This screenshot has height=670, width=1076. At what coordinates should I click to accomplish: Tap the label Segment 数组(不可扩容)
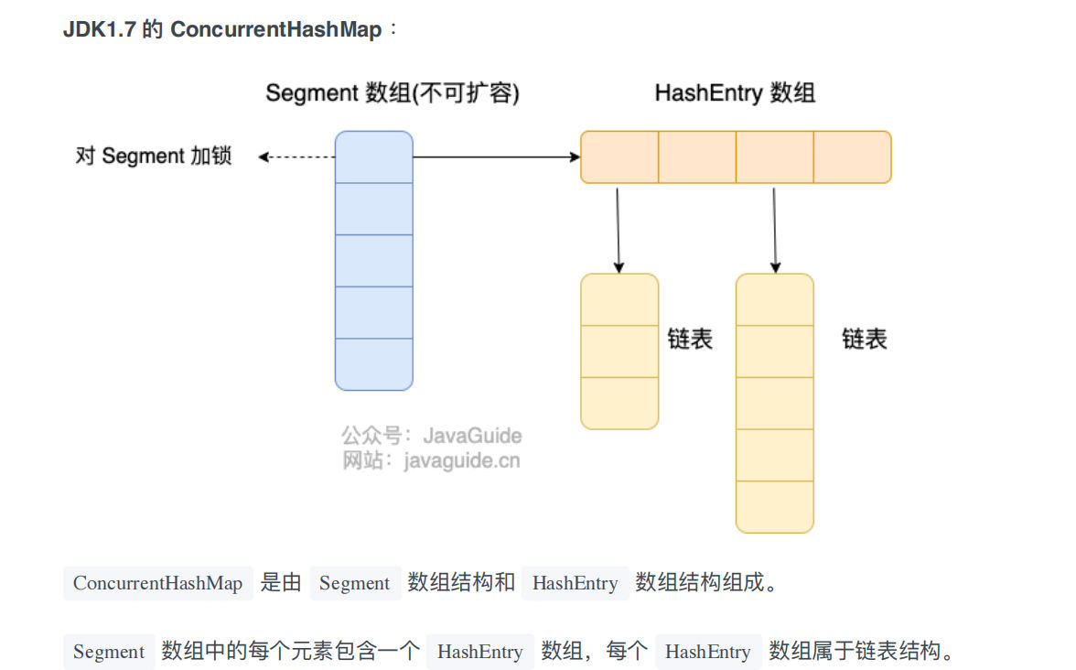pos(392,93)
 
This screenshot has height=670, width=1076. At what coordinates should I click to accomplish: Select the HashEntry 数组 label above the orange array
pos(735,93)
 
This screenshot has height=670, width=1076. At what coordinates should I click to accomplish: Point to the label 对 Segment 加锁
pos(154,157)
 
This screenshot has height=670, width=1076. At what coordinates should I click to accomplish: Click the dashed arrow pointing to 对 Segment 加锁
pos(296,157)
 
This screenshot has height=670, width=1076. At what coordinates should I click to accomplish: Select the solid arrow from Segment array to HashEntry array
pos(496,157)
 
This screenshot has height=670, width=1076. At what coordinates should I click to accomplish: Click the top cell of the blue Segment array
pos(373,157)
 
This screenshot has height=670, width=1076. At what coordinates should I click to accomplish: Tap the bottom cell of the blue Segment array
pos(373,364)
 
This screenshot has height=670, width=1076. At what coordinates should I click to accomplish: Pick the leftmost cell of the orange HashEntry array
pos(619,157)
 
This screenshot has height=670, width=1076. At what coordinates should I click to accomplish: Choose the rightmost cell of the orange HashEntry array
pos(852,157)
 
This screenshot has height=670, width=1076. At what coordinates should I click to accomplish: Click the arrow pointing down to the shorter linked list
pos(618,229)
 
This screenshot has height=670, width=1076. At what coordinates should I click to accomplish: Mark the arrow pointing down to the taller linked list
pos(775,229)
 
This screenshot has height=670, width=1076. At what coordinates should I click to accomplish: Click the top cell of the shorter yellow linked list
pos(619,299)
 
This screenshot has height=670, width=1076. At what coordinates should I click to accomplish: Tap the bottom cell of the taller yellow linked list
pos(774,506)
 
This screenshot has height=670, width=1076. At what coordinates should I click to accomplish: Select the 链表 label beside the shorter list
pos(690,340)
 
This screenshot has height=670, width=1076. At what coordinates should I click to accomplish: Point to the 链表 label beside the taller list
pos(865,340)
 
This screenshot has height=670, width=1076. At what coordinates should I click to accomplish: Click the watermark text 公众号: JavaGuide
pos(432,436)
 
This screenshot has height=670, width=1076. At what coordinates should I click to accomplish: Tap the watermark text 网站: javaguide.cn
pos(432,460)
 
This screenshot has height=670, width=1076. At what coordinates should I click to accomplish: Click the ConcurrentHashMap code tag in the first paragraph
pos(157,583)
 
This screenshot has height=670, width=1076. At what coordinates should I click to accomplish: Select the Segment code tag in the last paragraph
pos(109,652)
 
